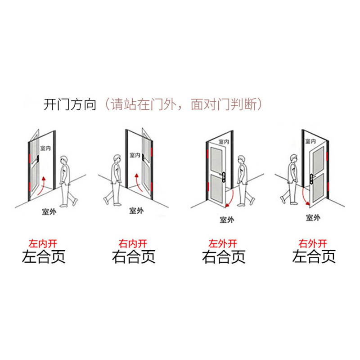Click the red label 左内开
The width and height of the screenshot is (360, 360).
(x=43, y=243)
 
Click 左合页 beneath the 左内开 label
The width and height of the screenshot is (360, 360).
(x=44, y=257)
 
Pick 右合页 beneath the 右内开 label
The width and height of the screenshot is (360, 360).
(x=134, y=257)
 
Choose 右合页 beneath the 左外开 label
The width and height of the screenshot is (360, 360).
(x=224, y=257)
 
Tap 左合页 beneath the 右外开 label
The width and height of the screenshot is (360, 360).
(x=314, y=257)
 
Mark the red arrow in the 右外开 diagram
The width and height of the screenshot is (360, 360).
(x=305, y=196)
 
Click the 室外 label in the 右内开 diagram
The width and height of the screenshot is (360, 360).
(x=136, y=210)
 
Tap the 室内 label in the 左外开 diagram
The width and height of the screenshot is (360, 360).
(x=224, y=142)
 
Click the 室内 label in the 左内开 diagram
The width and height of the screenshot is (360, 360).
(x=45, y=148)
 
